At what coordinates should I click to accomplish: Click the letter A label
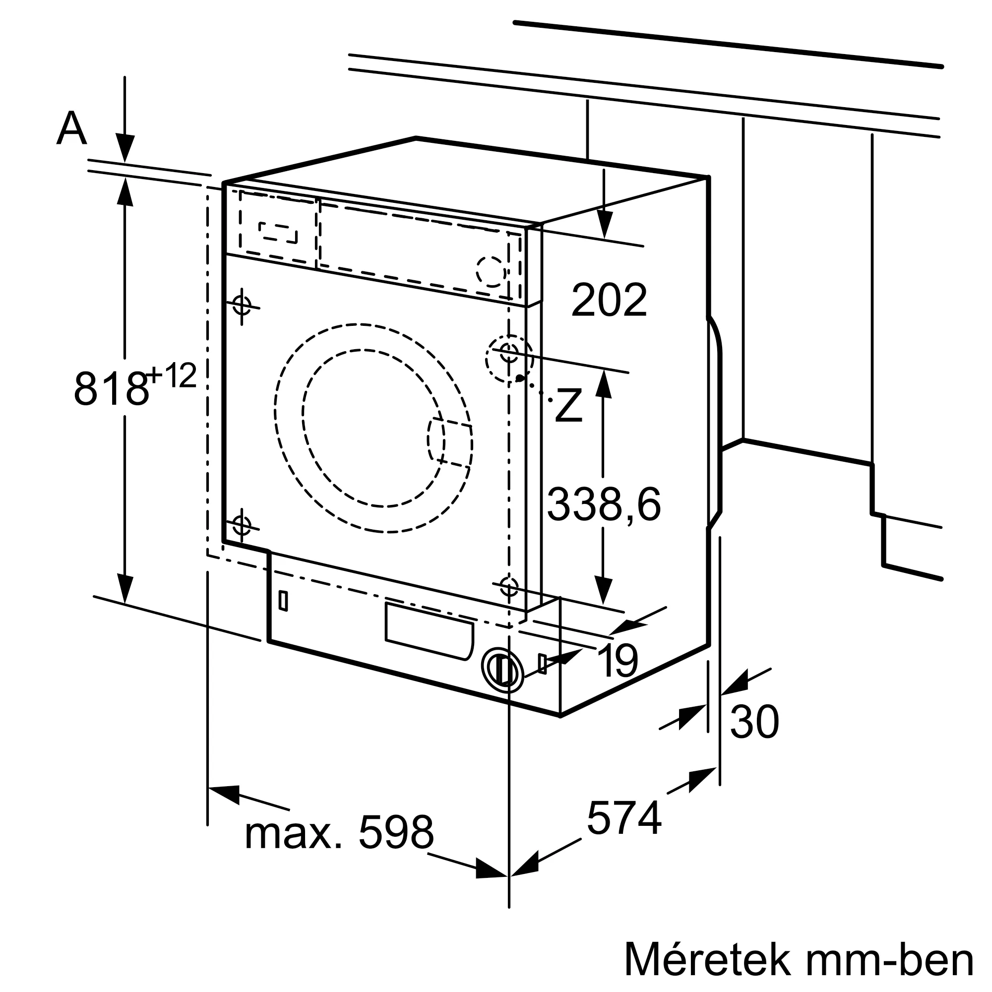point(71,128)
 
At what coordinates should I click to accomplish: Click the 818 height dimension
point(111,389)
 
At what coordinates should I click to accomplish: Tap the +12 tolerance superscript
point(172,375)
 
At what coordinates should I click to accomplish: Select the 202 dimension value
point(609,300)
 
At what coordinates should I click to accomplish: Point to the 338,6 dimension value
point(604,505)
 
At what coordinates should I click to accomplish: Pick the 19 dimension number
point(618,661)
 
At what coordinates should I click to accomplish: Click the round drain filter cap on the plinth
point(502,669)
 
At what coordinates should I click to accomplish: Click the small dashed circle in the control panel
point(492,271)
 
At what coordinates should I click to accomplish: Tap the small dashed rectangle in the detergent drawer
point(278,233)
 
